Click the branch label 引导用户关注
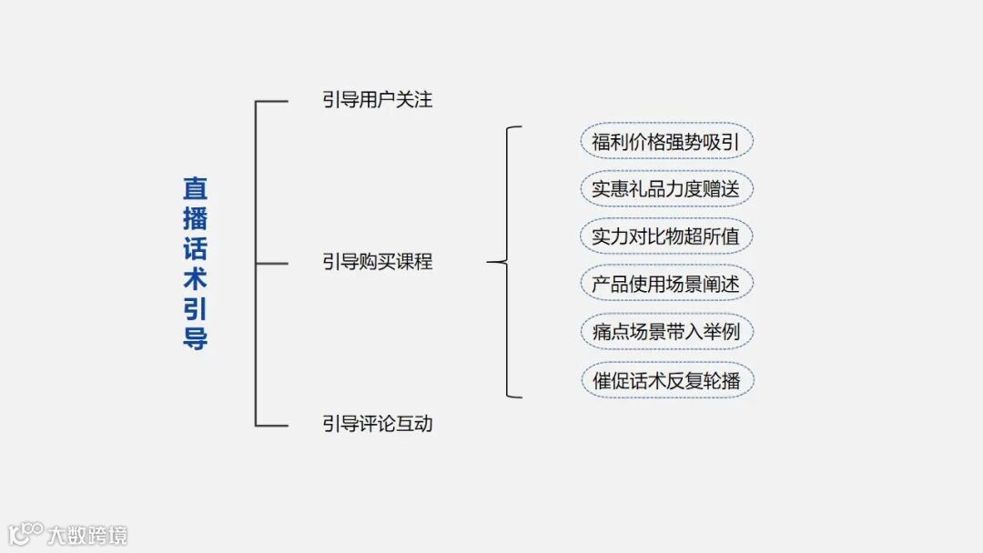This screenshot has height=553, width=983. click(377, 99)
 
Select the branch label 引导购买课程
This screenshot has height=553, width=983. click(377, 262)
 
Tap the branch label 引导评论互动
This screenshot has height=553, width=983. click(377, 423)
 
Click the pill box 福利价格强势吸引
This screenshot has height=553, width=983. click(666, 142)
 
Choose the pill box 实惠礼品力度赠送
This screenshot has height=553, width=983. click(666, 189)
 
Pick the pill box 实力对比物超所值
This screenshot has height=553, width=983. click(666, 236)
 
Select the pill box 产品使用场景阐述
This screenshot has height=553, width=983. click(666, 284)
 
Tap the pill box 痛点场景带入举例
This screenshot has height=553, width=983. click(666, 332)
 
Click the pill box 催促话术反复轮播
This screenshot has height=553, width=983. click(666, 379)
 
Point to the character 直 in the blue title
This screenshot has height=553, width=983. click(195, 188)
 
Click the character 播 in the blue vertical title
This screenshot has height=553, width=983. click(195, 218)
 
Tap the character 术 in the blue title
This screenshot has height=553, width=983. click(195, 278)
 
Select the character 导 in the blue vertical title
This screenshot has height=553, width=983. click(195, 338)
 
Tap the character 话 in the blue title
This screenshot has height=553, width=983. click(195, 248)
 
